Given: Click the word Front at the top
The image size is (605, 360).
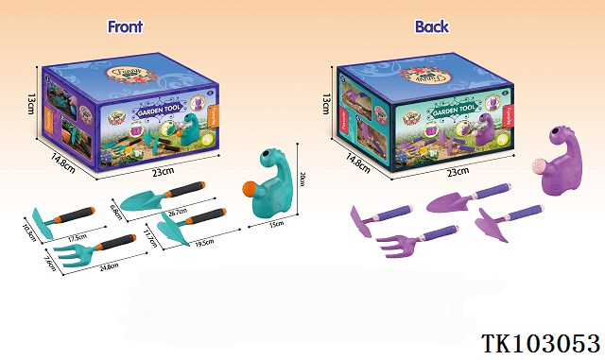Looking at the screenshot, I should click(x=125, y=26).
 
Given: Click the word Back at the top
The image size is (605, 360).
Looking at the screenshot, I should click(x=431, y=26).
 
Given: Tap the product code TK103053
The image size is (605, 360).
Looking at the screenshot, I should click(x=541, y=341).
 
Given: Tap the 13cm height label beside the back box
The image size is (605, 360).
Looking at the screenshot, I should click(x=326, y=102).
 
